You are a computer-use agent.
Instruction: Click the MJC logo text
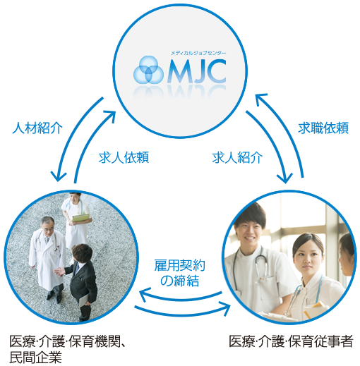[197, 71]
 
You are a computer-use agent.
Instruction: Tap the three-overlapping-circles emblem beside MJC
[148, 70]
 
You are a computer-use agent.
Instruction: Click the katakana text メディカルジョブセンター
[198, 53]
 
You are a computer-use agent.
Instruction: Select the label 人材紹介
[37, 128]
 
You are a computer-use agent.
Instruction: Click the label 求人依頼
[124, 157]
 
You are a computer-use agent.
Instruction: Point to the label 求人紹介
[237, 157]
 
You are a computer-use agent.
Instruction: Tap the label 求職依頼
[323, 128]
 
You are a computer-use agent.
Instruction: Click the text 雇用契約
[180, 265]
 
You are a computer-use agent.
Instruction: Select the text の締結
[180, 280]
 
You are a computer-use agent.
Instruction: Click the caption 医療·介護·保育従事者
[291, 341]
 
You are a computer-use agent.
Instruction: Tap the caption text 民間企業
[35, 358]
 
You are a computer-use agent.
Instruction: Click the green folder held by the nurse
[80, 218]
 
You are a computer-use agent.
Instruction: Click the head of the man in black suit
[82, 254]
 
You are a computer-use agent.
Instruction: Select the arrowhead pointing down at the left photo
[58, 176]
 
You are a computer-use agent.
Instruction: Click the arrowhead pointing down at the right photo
[285, 178]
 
